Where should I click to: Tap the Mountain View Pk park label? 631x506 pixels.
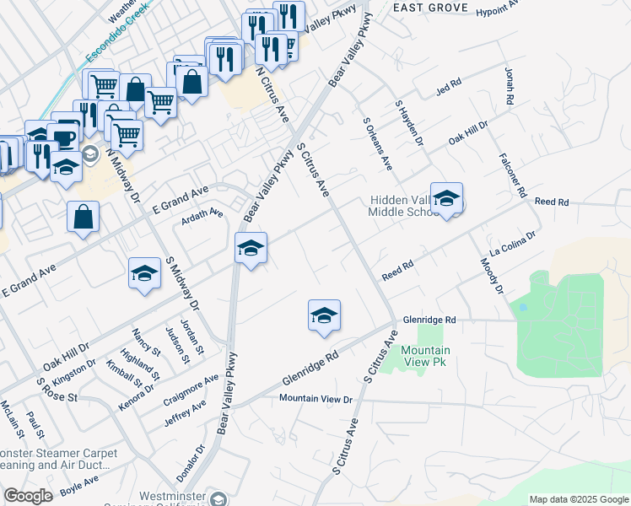pos(425,356)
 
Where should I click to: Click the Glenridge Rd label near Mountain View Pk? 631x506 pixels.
pos(429,320)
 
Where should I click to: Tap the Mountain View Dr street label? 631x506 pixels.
pos(315,398)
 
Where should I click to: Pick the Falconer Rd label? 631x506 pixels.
pos(515,170)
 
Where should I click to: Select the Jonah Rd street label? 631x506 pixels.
pos(509,85)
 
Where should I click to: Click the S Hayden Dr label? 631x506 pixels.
pos(408,122)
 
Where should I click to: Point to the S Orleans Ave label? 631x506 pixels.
pos(378,143)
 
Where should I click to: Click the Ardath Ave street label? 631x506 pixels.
pos(202,214)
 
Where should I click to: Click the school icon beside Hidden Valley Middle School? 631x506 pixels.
pos(446,199)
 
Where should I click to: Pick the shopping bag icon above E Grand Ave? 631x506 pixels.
pos(84,217)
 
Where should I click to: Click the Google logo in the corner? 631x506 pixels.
pos(28,496)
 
